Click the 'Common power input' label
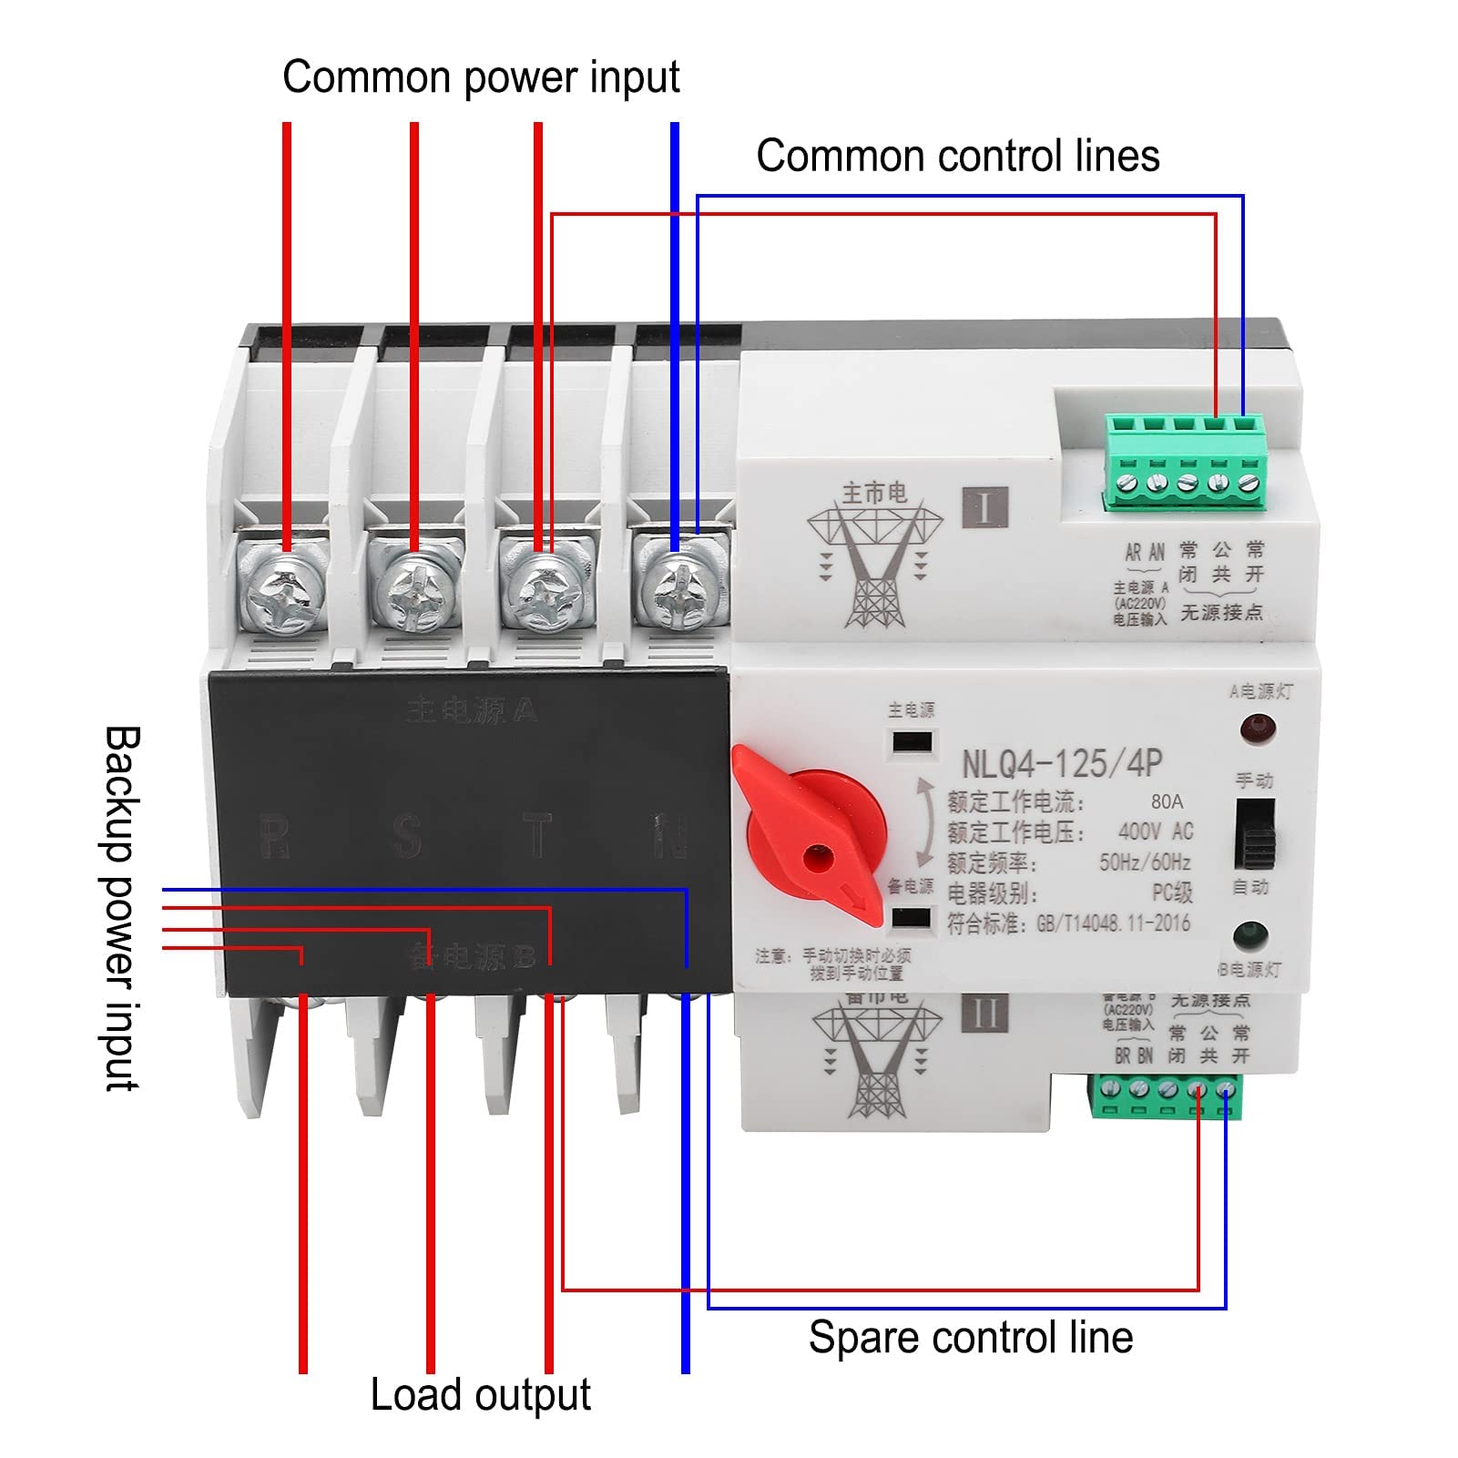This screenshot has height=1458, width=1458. pos(481,77)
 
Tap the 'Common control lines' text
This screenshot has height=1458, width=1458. pos(957,156)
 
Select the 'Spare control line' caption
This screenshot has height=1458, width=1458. pos(970,1338)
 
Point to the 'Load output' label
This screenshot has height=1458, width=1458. pos(480,1394)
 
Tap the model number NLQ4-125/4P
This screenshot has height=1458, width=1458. pos(1062,763)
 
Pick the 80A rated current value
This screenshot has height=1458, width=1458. pos(1167,801)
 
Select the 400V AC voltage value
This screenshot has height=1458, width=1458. pos(1155,831)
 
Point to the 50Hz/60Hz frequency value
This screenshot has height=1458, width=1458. pos(1145,862)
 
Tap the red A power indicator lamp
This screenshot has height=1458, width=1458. pos(1257,729)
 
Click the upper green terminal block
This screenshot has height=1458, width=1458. pos(1186,463)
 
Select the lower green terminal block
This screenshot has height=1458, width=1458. pos(1166,1096)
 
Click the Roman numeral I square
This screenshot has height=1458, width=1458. pos(984,507)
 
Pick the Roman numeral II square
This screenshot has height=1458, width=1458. pos(984,1013)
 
